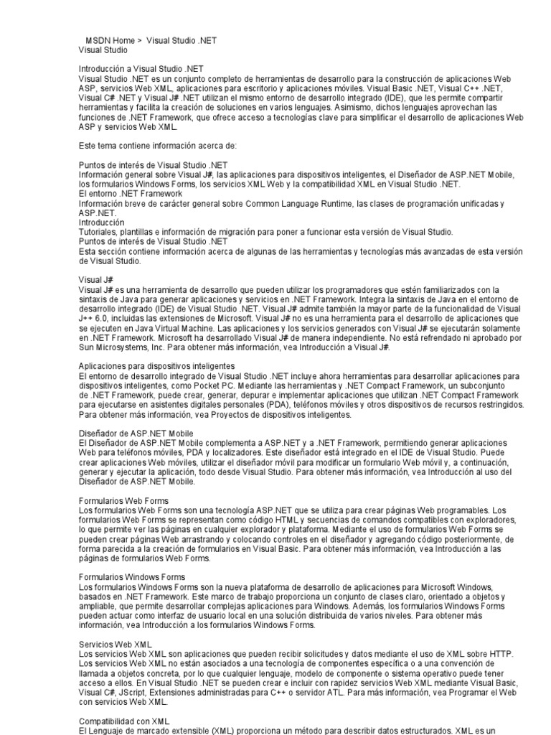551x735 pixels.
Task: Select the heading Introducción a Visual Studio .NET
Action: (x=141, y=69)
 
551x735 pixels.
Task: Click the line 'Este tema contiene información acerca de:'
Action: (x=157, y=146)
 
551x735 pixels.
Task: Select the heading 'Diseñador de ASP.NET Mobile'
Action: (x=136, y=434)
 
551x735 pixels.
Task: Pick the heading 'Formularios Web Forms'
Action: (x=123, y=500)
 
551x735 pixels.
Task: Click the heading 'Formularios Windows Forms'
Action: (x=132, y=577)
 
